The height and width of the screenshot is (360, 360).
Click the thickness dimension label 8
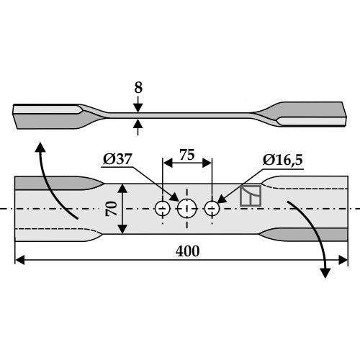[138, 88]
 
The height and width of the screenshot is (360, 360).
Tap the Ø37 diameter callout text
[117, 159]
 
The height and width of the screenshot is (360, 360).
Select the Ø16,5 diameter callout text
[283, 160]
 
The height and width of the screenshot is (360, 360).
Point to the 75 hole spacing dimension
[187, 155]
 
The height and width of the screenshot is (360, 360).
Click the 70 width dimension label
[112, 209]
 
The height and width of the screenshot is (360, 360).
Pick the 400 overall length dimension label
[187, 251]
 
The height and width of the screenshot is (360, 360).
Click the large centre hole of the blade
[187, 209]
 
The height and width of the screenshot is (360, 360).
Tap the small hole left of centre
[163, 209]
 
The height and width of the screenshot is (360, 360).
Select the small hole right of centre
[212, 209]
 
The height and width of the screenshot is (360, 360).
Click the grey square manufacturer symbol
[251, 196]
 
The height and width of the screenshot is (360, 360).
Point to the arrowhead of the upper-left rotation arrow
[40, 147]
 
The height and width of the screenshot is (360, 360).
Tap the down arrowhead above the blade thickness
[138, 108]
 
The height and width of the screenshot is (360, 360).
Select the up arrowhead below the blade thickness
[138, 123]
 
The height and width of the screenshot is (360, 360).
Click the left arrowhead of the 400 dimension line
[19, 260]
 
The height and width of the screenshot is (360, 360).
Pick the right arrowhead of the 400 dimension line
[343, 260]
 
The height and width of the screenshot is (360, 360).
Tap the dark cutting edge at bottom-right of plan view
[304, 235]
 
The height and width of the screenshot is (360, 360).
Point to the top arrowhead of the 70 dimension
[122, 189]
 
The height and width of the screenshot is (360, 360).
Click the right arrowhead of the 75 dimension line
[207, 163]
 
